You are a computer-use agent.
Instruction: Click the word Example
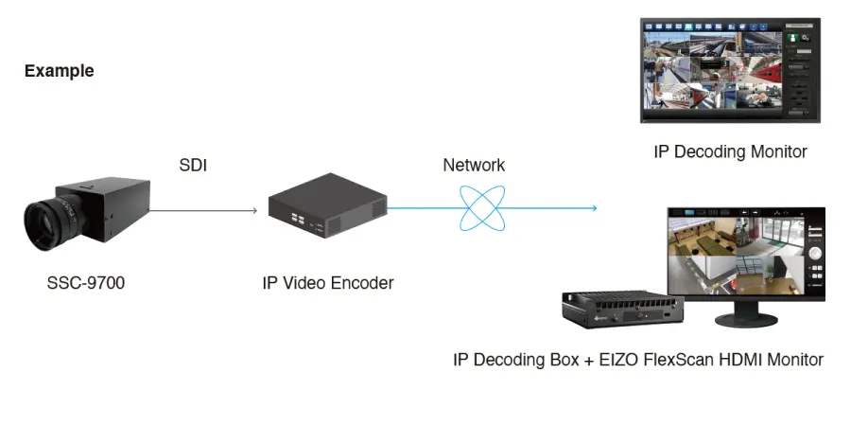tap(59, 71)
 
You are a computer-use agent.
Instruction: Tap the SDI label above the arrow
tap(193, 166)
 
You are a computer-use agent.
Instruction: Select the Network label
tap(474, 166)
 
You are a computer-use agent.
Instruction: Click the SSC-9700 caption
tap(85, 282)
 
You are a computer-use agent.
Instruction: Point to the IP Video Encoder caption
tap(327, 282)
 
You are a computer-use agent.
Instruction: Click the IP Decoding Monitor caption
tap(730, 151)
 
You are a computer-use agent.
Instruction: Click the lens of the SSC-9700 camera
tap(43, 222)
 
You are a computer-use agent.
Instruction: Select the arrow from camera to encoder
tap(203, 209)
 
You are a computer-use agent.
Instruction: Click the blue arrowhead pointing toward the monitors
tap(594, 208)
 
